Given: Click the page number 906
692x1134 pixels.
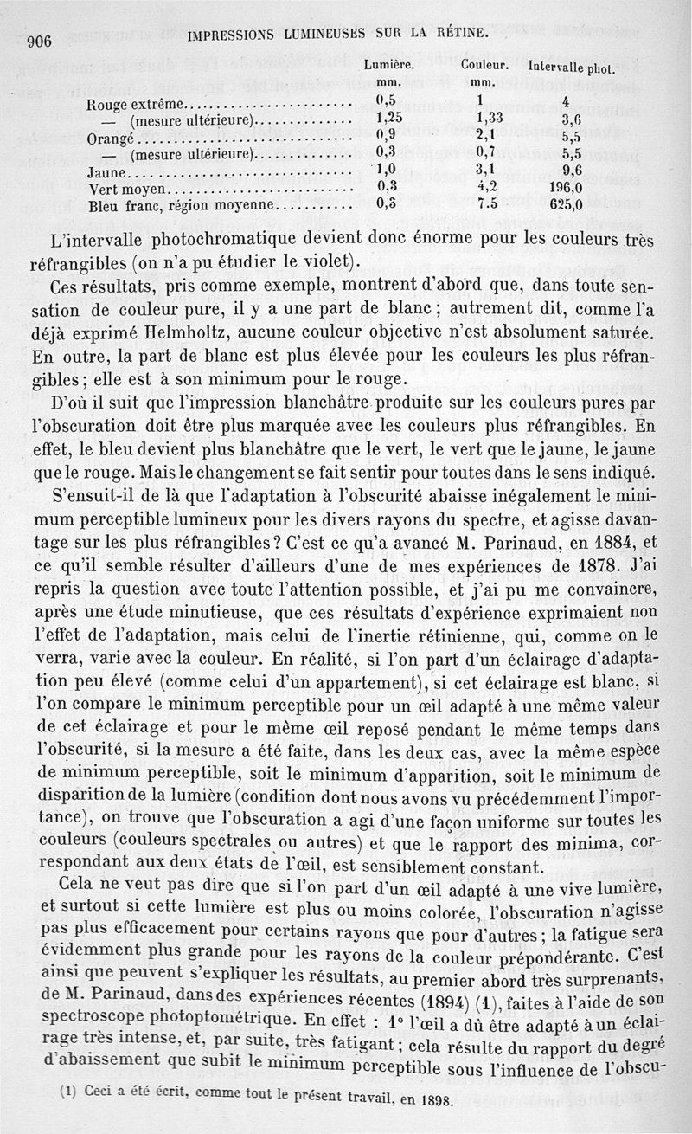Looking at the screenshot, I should [x=40, y=42].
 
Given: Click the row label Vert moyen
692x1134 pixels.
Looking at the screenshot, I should [x=131, y=190].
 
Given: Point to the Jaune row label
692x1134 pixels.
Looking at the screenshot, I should [x=108, y=172].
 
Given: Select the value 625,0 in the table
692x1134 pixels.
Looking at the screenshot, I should [x=567, y=205].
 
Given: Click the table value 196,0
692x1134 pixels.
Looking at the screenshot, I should [x=567, y=188].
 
